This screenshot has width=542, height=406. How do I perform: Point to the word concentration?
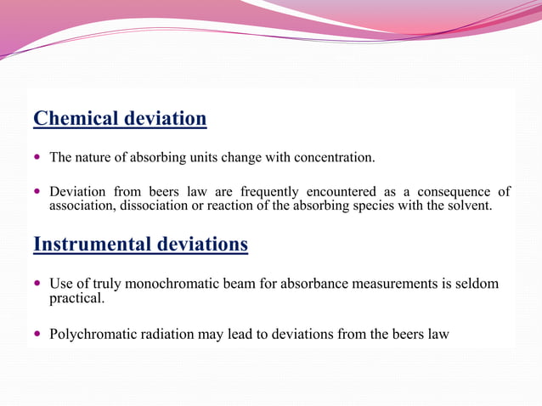point(330,157)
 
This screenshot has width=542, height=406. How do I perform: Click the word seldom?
point(475,284)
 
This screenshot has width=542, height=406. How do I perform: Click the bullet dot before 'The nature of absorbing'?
point(37,158)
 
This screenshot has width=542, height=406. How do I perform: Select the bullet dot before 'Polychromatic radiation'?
point(37,335)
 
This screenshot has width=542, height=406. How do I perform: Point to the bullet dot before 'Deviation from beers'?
point(37,192)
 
